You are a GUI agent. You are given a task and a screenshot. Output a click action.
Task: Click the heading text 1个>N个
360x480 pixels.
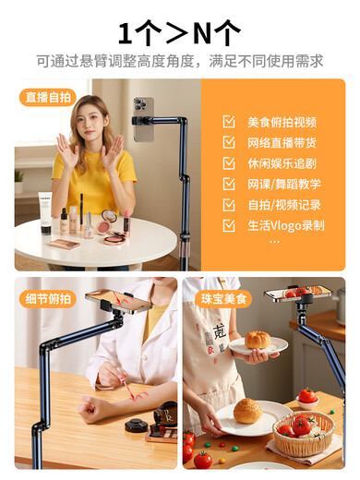(179, 33)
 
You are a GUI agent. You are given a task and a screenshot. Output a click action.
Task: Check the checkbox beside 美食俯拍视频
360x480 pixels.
(229, 122)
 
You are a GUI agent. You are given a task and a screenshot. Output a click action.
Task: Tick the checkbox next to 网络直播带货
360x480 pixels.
(229, 142)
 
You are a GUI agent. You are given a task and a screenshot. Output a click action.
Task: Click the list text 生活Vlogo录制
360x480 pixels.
(285, 224)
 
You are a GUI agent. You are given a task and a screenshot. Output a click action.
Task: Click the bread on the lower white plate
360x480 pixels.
(246, 411)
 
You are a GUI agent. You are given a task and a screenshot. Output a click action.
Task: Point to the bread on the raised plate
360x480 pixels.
(258, 340)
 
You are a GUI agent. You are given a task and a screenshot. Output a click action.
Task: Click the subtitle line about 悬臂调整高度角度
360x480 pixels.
(179, 61)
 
